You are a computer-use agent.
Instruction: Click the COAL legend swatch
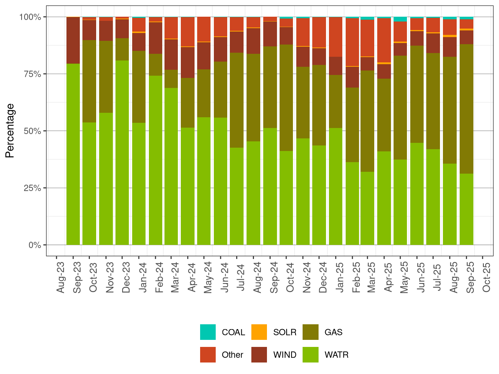tap(208, 332)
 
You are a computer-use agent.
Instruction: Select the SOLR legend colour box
tap(259, 332)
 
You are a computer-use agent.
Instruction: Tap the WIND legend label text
tap(285, 355)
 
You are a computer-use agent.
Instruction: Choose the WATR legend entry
tap(336, 355)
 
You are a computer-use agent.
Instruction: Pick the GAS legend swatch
tap(310, 332)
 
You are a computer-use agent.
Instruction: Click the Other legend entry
tap(232, 355)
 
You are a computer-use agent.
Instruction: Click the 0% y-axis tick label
tap(35, 245)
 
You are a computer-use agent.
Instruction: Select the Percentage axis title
tap(10, 131)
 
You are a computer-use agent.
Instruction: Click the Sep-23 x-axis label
tap(77, 278)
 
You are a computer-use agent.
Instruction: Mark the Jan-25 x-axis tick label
tap(339, 278)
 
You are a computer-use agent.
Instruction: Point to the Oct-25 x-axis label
tap(486, 278)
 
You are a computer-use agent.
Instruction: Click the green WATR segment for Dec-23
tap(122, 152)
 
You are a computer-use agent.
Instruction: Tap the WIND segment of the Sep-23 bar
tap(73, 40)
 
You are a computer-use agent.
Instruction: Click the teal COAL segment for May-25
tap(400, 19)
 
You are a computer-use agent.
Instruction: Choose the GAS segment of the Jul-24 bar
tap(237, 100)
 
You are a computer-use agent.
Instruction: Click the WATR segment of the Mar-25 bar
tap(367, 208)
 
